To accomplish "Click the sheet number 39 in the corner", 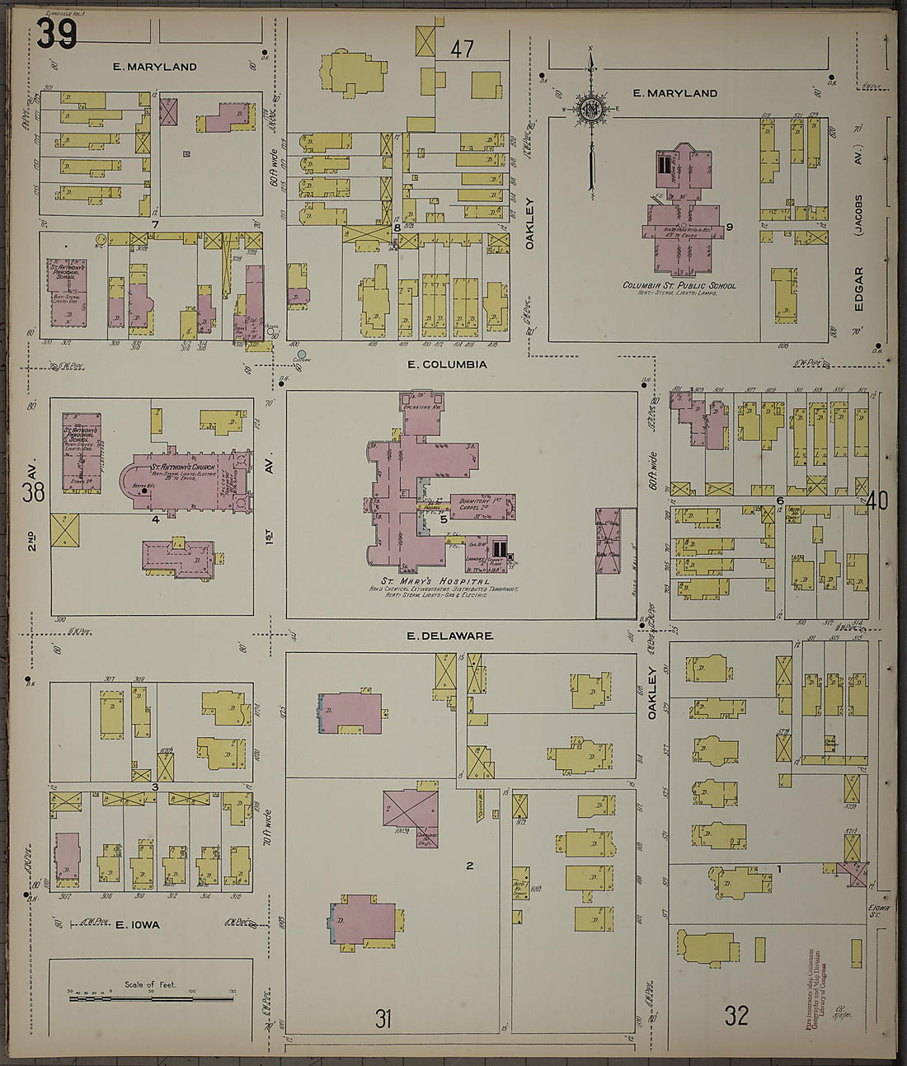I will point(57,34).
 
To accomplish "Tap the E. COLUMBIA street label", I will point(447,364).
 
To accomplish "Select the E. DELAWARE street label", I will point(450,636).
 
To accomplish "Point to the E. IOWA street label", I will point(137,925).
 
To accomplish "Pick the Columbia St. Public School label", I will point(679,286).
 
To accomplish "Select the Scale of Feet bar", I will point(151,998).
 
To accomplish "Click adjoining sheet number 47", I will point(462,49).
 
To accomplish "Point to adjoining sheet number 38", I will point(33,493).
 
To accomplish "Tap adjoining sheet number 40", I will point(876,500).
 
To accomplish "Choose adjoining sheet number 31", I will point(383,1019).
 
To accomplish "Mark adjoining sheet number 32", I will point(735,1015).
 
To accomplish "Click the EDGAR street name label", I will point(859,288).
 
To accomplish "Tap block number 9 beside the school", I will point(730,227).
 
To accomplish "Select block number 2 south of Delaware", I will point(469,865).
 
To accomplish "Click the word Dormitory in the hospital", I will point(467,500).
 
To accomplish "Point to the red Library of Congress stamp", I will point(819,989).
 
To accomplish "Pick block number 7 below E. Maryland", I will point(154,223).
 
